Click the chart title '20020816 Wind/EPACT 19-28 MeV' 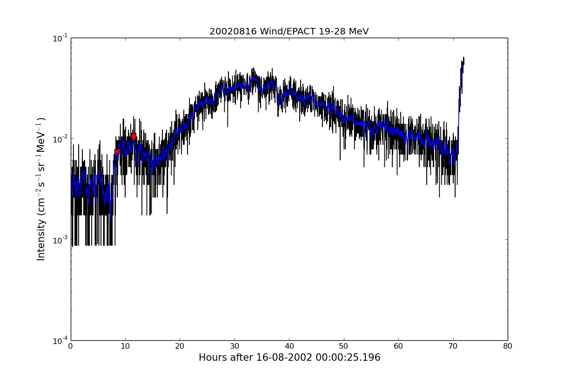click(289, 32)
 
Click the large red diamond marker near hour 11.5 click(134, 136)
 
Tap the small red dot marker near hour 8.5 click(117, 151)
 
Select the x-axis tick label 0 click(71, 346)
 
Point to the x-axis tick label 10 click(125, 346)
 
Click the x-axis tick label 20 click(180, 346)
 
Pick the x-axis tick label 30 click(235, 346)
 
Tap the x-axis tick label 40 click(289, 346)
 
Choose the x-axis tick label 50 click(344, 346)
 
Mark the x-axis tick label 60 click(398, 346)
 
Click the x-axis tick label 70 click(453, 346)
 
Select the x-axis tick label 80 click(508, 346)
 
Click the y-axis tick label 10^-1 click(60, 38)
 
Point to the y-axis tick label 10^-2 click(60, 139)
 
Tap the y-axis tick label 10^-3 click(60, 240)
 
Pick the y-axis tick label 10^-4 click(60, 340)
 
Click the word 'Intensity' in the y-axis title click(41, 239)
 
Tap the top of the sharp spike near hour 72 click(463, 58)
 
